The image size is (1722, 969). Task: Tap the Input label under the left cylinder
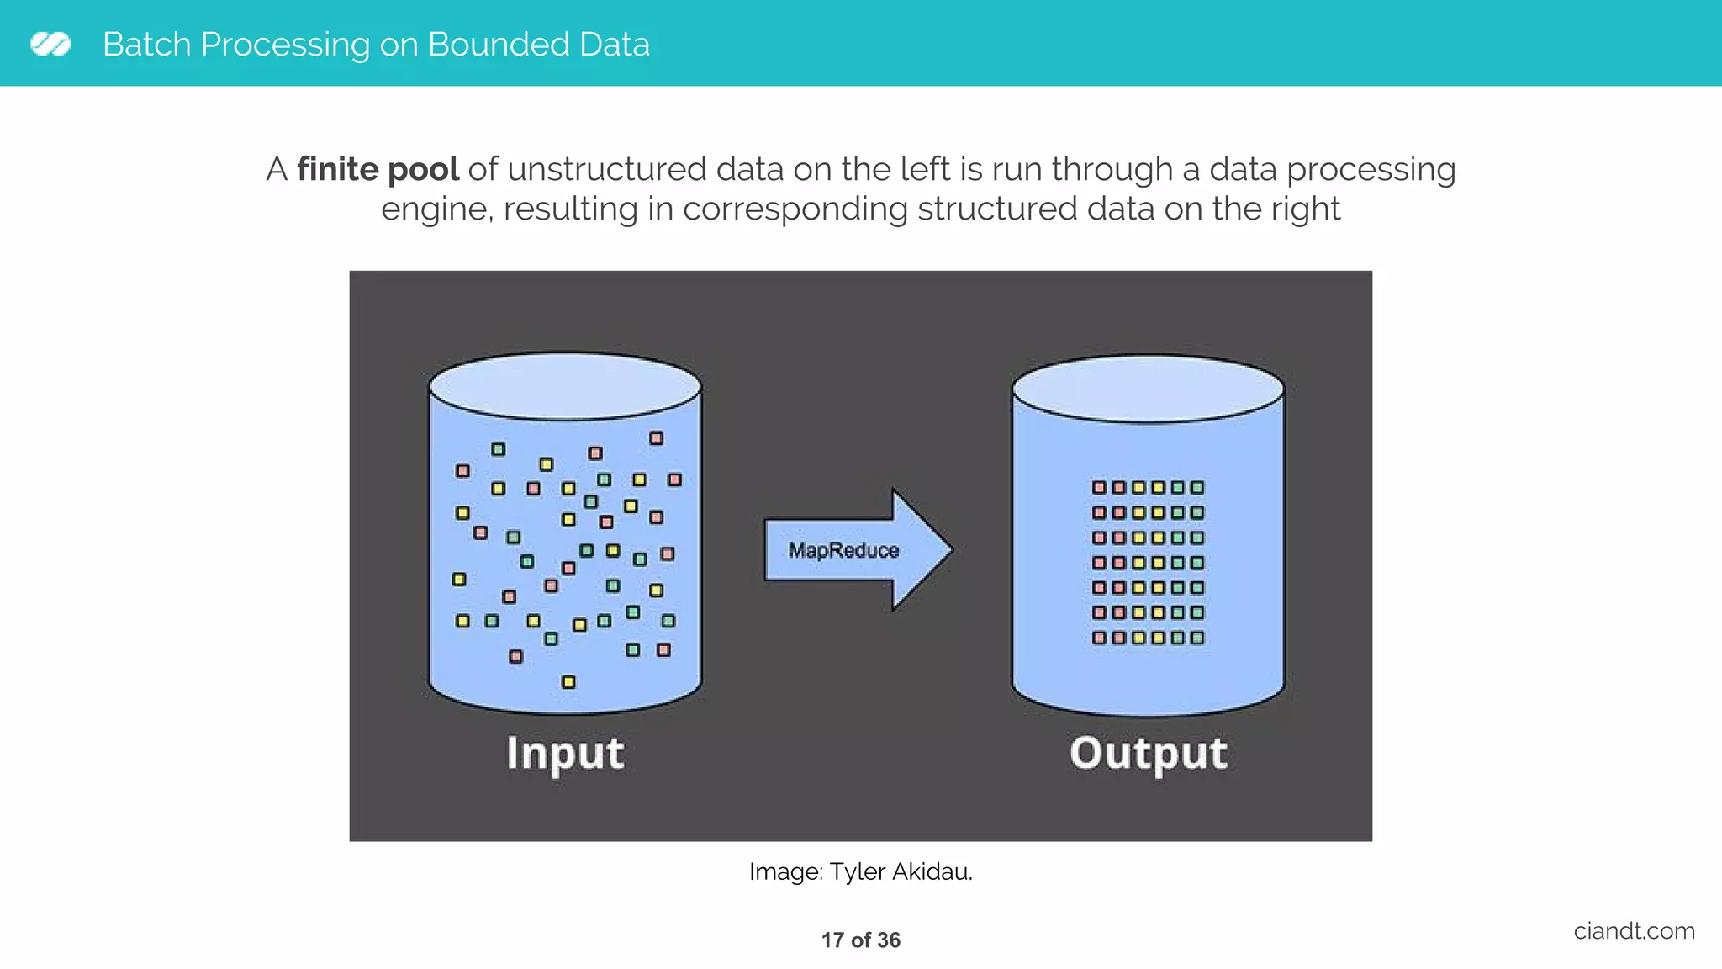click(565, 752)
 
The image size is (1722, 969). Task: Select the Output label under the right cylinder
click(1148, 752)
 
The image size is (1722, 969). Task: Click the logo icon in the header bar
click(50, 44)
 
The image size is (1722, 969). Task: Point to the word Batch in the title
click(147, 45)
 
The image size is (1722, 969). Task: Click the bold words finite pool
click(378, 169)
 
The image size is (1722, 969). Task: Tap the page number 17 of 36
click(860, 940)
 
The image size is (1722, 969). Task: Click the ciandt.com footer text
click(1634, 930)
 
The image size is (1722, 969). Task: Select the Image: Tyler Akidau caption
click(860, 871)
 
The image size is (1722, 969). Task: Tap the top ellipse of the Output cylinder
click(1148, 389)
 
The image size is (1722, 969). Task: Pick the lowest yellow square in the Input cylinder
click(568, 681)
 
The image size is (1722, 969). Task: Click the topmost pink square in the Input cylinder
click(657, 438)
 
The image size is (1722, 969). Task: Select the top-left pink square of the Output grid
click(1099, 487)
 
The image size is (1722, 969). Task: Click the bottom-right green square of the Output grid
click(1197, 638)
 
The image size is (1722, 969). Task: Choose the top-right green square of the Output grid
click(1197, 487)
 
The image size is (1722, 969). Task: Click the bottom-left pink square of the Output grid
click(1099, 638)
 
